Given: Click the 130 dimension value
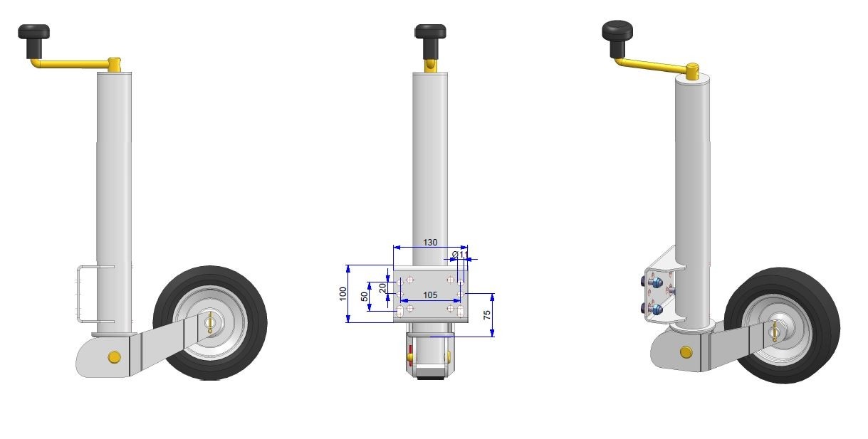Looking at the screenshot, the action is coord(430,243).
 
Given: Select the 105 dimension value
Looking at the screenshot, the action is coord(430,295).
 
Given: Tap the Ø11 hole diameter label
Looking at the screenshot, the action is coord(461,254).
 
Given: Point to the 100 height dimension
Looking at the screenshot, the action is coord(343,293).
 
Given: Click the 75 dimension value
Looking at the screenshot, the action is coord(487,314).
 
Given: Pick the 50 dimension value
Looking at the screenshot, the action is coord(364,297).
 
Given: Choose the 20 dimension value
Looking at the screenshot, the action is coord(382,288).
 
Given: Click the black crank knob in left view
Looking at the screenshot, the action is coord(33,41).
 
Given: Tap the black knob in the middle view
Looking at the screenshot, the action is coord(430,41).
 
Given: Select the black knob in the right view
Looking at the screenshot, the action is coord(617,38).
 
